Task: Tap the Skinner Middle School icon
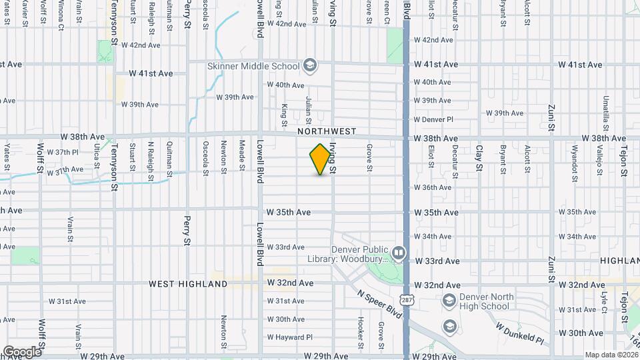pos(309,65)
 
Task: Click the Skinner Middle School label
pos(253,66)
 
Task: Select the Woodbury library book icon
pos(398,253)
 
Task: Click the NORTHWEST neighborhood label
pos(327,132)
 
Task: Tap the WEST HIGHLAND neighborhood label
pos(188,284)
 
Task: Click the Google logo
pos(22,351)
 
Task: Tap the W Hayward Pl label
pos(289,337)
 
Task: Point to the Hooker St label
pos(360,331)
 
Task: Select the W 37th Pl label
pos(67,153)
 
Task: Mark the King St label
pos(284,114)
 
